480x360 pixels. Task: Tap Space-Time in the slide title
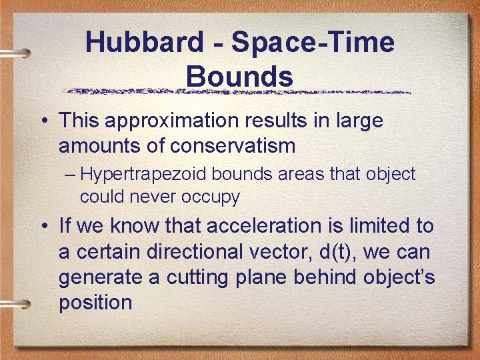pyautogui.click(x=313, y=43)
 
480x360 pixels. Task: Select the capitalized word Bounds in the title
pyautogui.click(x=239, y=76)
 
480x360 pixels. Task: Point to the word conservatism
pyautogui.click(x=251, y=145)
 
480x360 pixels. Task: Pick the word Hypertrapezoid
pyautogui.click(x=143, y=175)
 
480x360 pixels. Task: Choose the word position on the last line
pyautogui.click(x=95, y=302)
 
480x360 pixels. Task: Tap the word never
pyautogui.click(x=151, y=197)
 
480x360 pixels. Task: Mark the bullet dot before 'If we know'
pyautogui.click(x=43, y=227)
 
